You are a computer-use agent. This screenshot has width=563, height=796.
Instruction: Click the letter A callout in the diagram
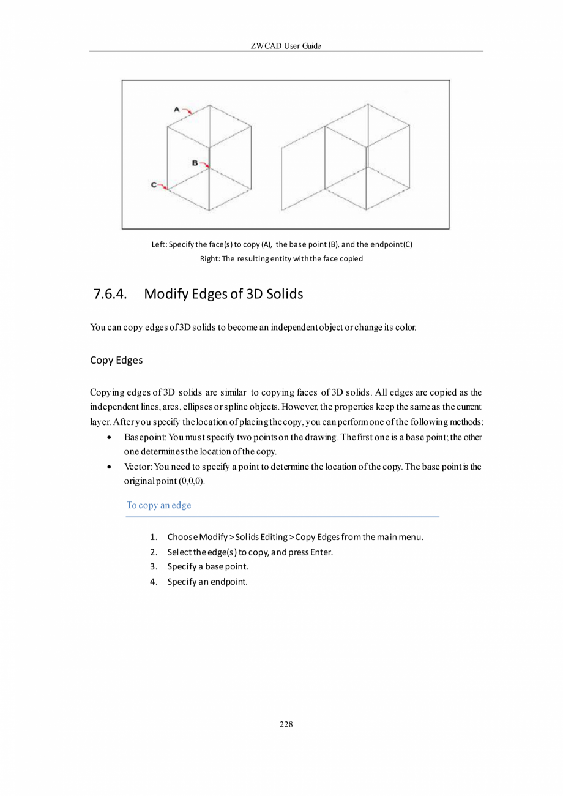177,109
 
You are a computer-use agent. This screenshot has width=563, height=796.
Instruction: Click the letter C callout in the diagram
154,184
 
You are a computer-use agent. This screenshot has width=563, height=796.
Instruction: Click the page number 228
286,724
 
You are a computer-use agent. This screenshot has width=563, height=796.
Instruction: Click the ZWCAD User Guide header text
286,46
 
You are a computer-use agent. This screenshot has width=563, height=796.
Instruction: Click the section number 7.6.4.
110,294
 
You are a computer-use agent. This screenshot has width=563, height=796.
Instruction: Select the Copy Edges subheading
116,360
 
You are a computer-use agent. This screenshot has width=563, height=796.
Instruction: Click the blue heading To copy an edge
158,505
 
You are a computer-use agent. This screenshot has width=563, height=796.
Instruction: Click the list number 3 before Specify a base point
153,566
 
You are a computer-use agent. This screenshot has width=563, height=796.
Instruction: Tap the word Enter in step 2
321,552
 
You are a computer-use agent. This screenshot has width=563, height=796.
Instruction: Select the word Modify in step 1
213,537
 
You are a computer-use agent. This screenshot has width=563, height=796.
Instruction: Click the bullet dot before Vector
108,467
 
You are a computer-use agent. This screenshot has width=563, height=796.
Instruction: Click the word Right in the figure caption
209,258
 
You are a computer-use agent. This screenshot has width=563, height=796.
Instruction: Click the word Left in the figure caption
158,244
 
